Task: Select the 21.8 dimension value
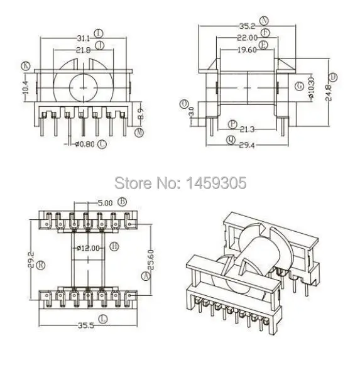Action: coord(83,50)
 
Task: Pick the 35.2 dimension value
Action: coord(247,26)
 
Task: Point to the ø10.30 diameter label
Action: coord(311,93)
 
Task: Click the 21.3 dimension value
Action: coord(247,129)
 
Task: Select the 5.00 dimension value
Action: coord(106,202)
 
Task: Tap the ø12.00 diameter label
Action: coord(89,248)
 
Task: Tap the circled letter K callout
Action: coord(26,65)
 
